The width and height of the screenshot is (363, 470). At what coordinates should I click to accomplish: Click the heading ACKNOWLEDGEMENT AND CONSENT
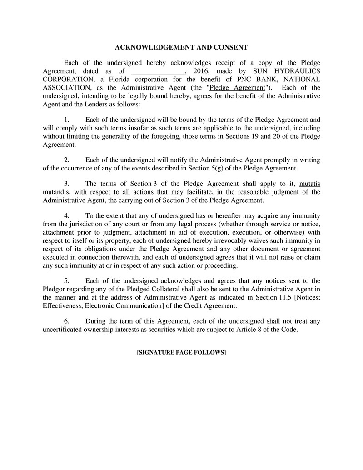pos(181,47)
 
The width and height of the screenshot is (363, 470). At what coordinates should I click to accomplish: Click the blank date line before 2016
pos(158,71)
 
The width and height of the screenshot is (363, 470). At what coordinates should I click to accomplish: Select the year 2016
pos(201,71)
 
